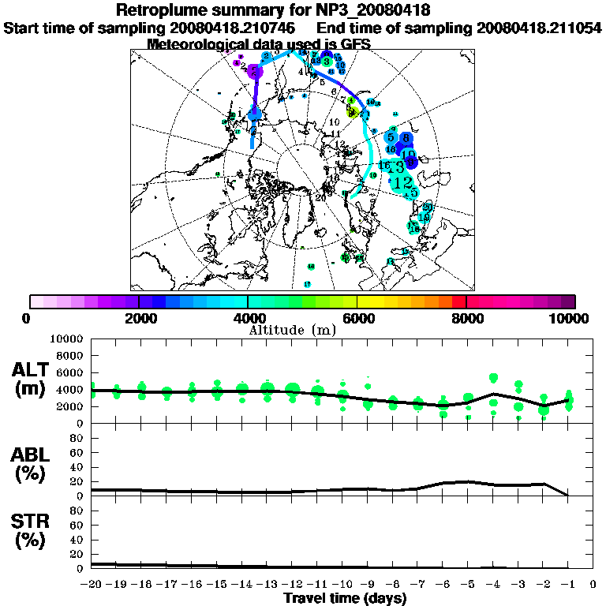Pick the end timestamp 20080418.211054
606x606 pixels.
[x=539, y=28]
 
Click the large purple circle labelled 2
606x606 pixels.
[x=254, y=72]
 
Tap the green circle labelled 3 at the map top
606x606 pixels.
[x=327, y=61]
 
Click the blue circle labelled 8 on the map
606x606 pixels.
[x=406, y=138]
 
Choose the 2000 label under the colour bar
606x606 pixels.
[x=138, y=318]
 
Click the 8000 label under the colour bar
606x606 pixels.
[x=466, y=318]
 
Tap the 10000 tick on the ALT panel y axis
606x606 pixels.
[x=67, y=339]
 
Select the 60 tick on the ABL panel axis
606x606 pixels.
[x=77, y=453]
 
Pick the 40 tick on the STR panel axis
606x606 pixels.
[x=77, y=540]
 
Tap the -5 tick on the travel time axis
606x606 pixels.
[x=468, y=584]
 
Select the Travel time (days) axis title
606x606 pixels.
[x=345, y=598]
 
